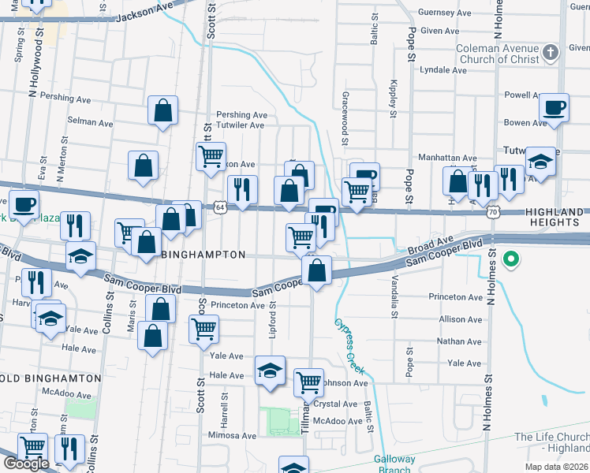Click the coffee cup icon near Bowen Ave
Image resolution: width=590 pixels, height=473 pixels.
click(x=554, y=107)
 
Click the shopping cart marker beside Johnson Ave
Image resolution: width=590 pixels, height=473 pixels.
click(x=308, y=382)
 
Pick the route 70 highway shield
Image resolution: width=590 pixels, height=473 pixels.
click(x=493, y=212)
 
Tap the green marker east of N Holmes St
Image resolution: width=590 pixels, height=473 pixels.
click(x=511, y=258)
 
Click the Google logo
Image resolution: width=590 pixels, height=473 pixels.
click(x=27, y=464)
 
